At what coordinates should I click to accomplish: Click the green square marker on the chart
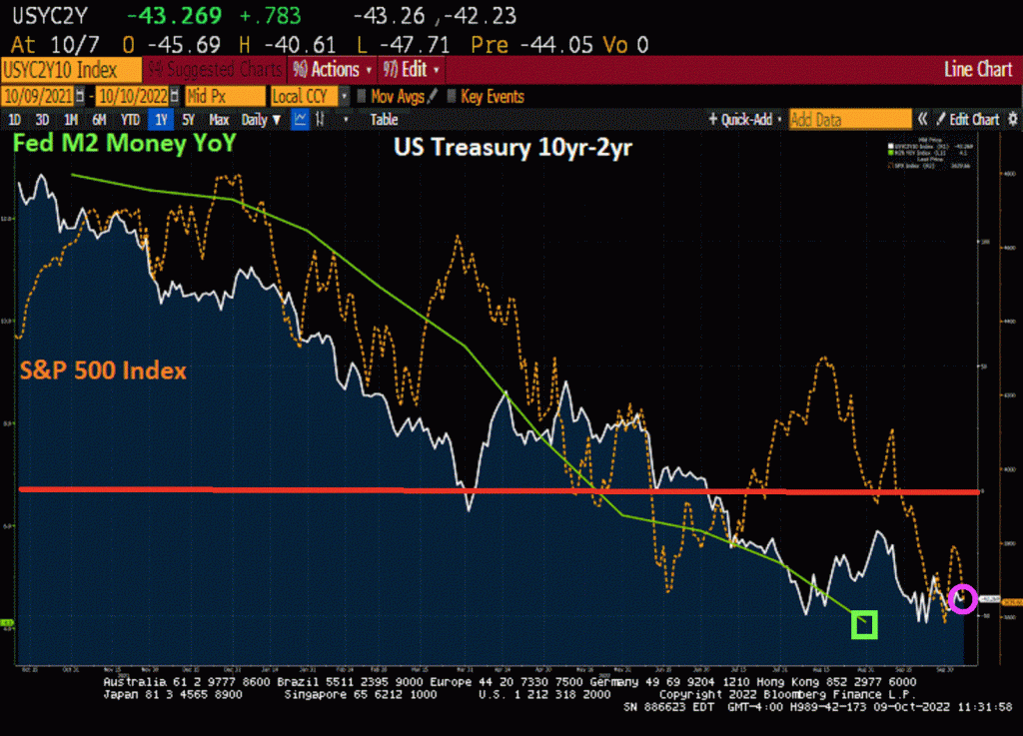pyautogui.click(x=864, y=625)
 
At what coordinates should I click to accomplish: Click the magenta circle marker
pyautogui.click(x=962, y=599)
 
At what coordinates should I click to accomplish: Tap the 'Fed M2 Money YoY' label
pyautogui.click(x=124, y=144)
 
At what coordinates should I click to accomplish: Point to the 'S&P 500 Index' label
pyautogui.click(x=104, y=370)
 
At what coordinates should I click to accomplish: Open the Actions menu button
pyautogui.click(x=334, y=70)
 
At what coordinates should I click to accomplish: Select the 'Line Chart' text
pyautogui.click(x=978, y=70)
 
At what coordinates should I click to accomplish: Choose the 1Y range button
pyautogui.click(x=160, y=120)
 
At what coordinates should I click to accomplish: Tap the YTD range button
pyautogui.click(x=130, y=120)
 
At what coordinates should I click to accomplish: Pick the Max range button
pyautogui.click(x=219, y=120)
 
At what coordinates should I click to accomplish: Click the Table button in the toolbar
pyautogui.click(x=384, y=120)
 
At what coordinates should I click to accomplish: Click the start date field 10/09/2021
pyautogui.click(x=42, y=96)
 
